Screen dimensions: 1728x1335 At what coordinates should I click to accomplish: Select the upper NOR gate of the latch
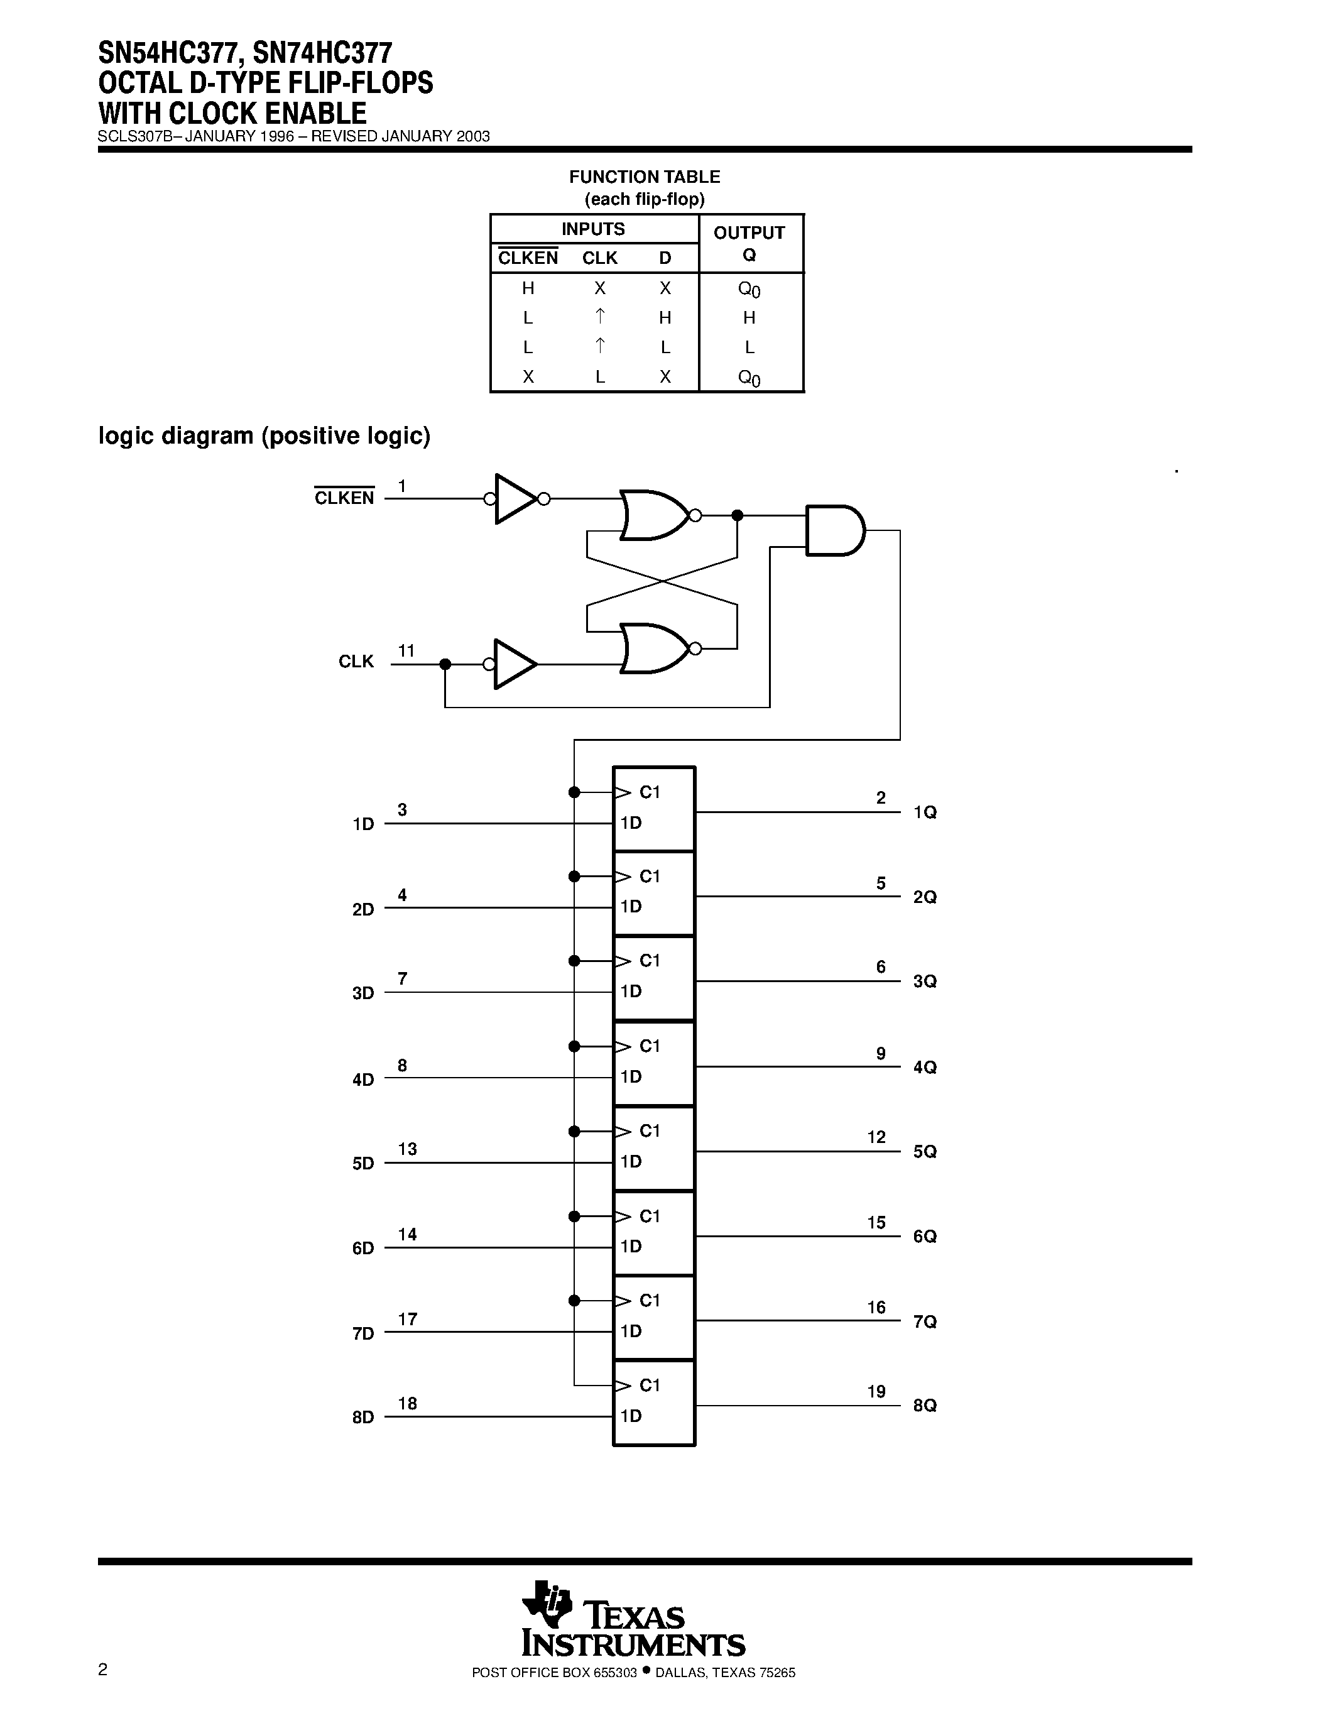(653, 515)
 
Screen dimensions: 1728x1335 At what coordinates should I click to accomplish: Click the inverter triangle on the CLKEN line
(514, 498)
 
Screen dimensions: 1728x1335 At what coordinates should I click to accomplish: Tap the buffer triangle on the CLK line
(514, 664)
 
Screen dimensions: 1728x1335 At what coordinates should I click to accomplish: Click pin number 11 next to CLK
(406, 650)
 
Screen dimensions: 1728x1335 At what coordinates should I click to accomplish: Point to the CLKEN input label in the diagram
(344, 498)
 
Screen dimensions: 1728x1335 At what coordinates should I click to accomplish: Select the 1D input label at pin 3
(363, 824)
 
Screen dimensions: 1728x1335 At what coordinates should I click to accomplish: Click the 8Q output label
(925, 1405)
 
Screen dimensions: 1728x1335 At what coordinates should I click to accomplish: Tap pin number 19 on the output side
(876, 1391)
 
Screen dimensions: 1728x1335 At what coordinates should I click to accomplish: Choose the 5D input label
(363, 1163)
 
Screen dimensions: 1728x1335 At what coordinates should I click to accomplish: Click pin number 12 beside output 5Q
(876, 1137)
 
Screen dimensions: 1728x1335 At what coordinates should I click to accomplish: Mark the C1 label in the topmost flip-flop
(650, 792)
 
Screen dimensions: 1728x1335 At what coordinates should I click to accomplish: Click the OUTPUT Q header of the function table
(749, 243)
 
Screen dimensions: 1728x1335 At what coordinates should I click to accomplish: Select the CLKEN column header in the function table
(528, 258)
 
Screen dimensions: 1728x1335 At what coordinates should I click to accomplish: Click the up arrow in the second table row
(600, 317)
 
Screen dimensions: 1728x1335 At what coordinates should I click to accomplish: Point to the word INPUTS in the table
(593, 229)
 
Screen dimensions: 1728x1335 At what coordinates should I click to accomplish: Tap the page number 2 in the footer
(103, 1670)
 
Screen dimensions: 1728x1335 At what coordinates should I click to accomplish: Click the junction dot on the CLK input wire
(445, 664)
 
